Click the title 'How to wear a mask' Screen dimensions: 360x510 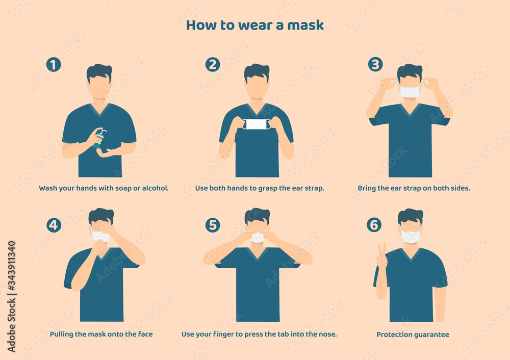(x=254, y=25)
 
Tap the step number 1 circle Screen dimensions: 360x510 (x=53, y=65)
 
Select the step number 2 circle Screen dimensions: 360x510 (x=213, y=65)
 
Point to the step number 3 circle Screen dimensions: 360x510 (x=375, y=64)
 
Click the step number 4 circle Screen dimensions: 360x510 (x=54, y=225)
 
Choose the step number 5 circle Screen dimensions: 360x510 (x=213, y=225)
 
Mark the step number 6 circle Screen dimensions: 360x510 (x=374, y=225)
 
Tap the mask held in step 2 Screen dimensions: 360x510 (x=256, y=124)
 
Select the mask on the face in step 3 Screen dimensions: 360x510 (x=410, y=92)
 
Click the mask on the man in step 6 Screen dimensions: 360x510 (x=410, y=237)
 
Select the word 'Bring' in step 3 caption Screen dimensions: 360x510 (x=367, y=188)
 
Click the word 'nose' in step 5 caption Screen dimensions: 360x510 (x=327, y=335)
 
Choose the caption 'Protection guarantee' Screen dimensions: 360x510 (x=413, y=335)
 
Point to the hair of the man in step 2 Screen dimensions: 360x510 (x=257, y=71)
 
